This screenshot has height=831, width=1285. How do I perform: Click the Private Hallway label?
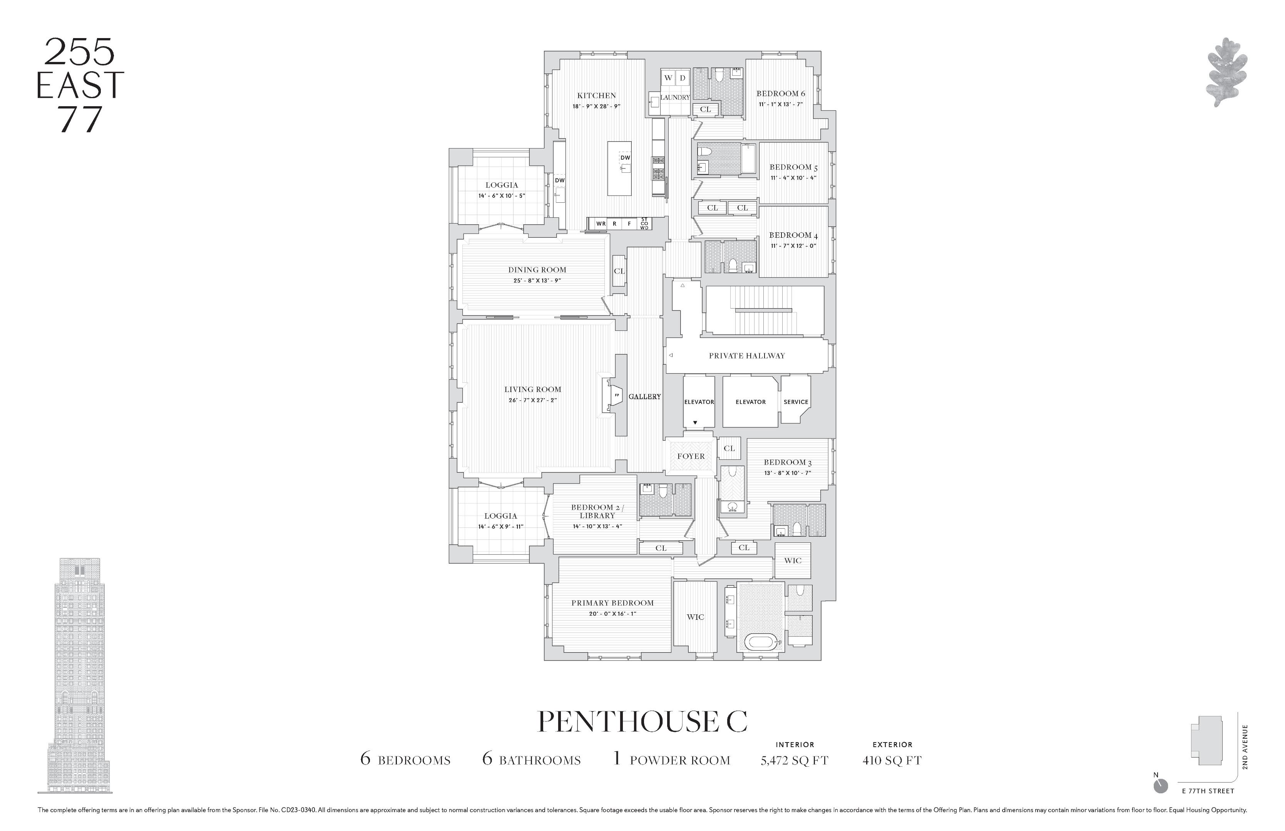point(747,355)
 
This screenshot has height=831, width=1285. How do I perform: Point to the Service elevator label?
point(796,402)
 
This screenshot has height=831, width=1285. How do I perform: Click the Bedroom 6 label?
point(780,93)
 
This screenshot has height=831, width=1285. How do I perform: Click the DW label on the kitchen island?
point(625,158)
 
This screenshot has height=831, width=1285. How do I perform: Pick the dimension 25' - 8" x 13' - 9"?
point(537,280)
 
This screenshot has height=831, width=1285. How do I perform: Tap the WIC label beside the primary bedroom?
point(695,617)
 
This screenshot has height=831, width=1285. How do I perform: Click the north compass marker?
point(1160,786)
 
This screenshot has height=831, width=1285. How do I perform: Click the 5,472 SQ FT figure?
point(794,760)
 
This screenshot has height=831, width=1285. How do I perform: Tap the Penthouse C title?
point(642,721)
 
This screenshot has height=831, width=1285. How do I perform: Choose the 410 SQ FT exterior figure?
point(892,760)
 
